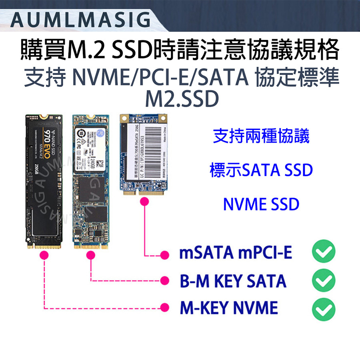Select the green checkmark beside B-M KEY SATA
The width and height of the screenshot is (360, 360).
coord(323,281)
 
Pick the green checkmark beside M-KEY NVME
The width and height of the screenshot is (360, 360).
coord(323,308)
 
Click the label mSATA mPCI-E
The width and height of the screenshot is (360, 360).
coord(236,253)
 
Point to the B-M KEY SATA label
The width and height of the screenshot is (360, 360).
coord(233,281)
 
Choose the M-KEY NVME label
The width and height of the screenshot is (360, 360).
coord(228,308)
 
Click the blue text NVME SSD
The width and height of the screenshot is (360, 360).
coord(261,205)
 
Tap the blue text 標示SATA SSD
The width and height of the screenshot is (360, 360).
coord(261,171)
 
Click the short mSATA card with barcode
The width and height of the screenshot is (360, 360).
coord(143,154)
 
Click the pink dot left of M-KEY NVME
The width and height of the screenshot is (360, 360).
coord(163,308)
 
